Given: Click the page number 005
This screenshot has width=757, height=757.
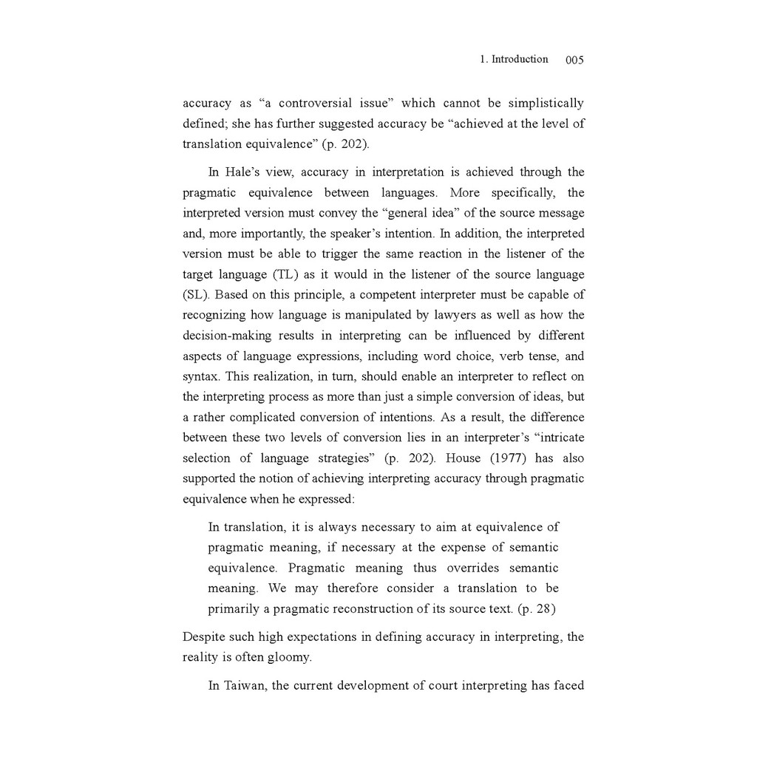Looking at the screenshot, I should [x=574, y=60].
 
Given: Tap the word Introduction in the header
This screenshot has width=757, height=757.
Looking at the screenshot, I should [x=520, y=59].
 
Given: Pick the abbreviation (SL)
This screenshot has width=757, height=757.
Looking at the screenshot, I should [x=196, y=295].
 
